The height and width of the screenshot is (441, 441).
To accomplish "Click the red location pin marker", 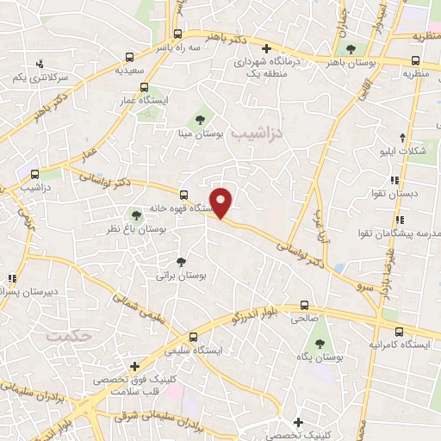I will tap(222, 202).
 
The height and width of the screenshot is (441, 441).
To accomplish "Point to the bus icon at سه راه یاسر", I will tap(178, 35).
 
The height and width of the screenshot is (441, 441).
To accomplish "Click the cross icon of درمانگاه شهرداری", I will tap(267, 48).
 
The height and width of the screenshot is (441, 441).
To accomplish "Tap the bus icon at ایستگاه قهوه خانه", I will tap(183, 194).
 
